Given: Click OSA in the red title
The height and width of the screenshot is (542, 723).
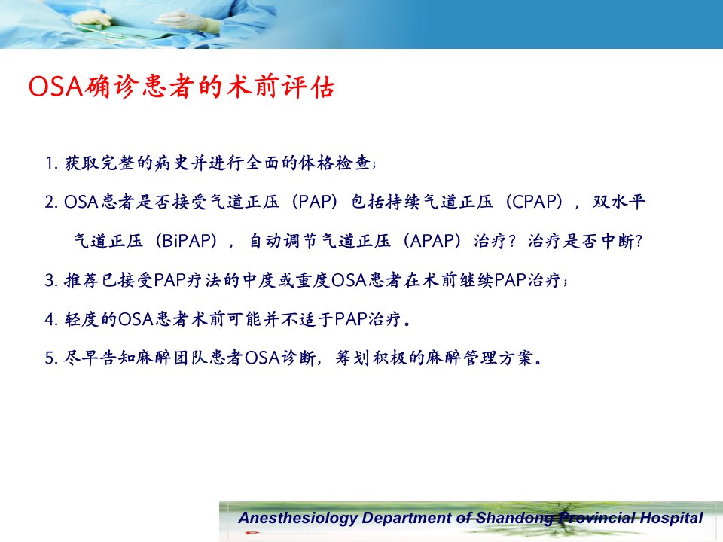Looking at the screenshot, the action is tap(56, 86).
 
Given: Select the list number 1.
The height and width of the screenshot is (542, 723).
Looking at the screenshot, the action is tap(50, 163).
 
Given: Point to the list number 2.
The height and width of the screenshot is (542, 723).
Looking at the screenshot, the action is tap(50, 202).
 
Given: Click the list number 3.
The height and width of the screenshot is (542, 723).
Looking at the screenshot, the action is tap(50, 280).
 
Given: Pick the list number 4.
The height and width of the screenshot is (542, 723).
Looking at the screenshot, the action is tap(50, 319).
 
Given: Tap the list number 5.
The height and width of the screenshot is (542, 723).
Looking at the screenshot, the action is tap(50, 358).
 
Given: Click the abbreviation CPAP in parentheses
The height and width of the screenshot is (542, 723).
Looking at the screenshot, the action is tap(535, 202).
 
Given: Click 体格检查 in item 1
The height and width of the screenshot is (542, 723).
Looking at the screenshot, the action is tap(334, 163).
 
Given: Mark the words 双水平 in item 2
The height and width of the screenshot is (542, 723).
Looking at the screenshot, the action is tap(618, 202).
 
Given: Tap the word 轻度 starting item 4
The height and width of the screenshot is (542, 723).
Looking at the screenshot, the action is tap(81, 319).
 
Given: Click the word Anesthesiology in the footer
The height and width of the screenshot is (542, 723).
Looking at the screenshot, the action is tap(298, 518).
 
